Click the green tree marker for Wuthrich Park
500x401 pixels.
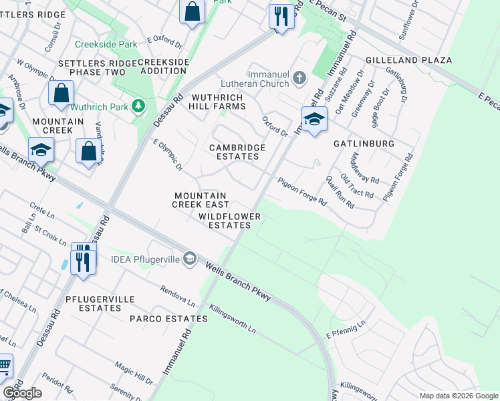pos(138,106)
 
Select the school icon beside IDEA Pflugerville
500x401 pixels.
pos(190,259)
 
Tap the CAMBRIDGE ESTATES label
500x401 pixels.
pos(237,152)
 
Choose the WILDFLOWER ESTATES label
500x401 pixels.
pos(225,221)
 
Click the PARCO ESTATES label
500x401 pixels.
pos(169,319)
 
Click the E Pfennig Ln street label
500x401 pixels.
pos(347,331)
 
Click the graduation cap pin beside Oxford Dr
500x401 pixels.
pos(314,120)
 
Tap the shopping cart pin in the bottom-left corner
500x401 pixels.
pos(4,366)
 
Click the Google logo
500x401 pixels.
pos(22,393)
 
